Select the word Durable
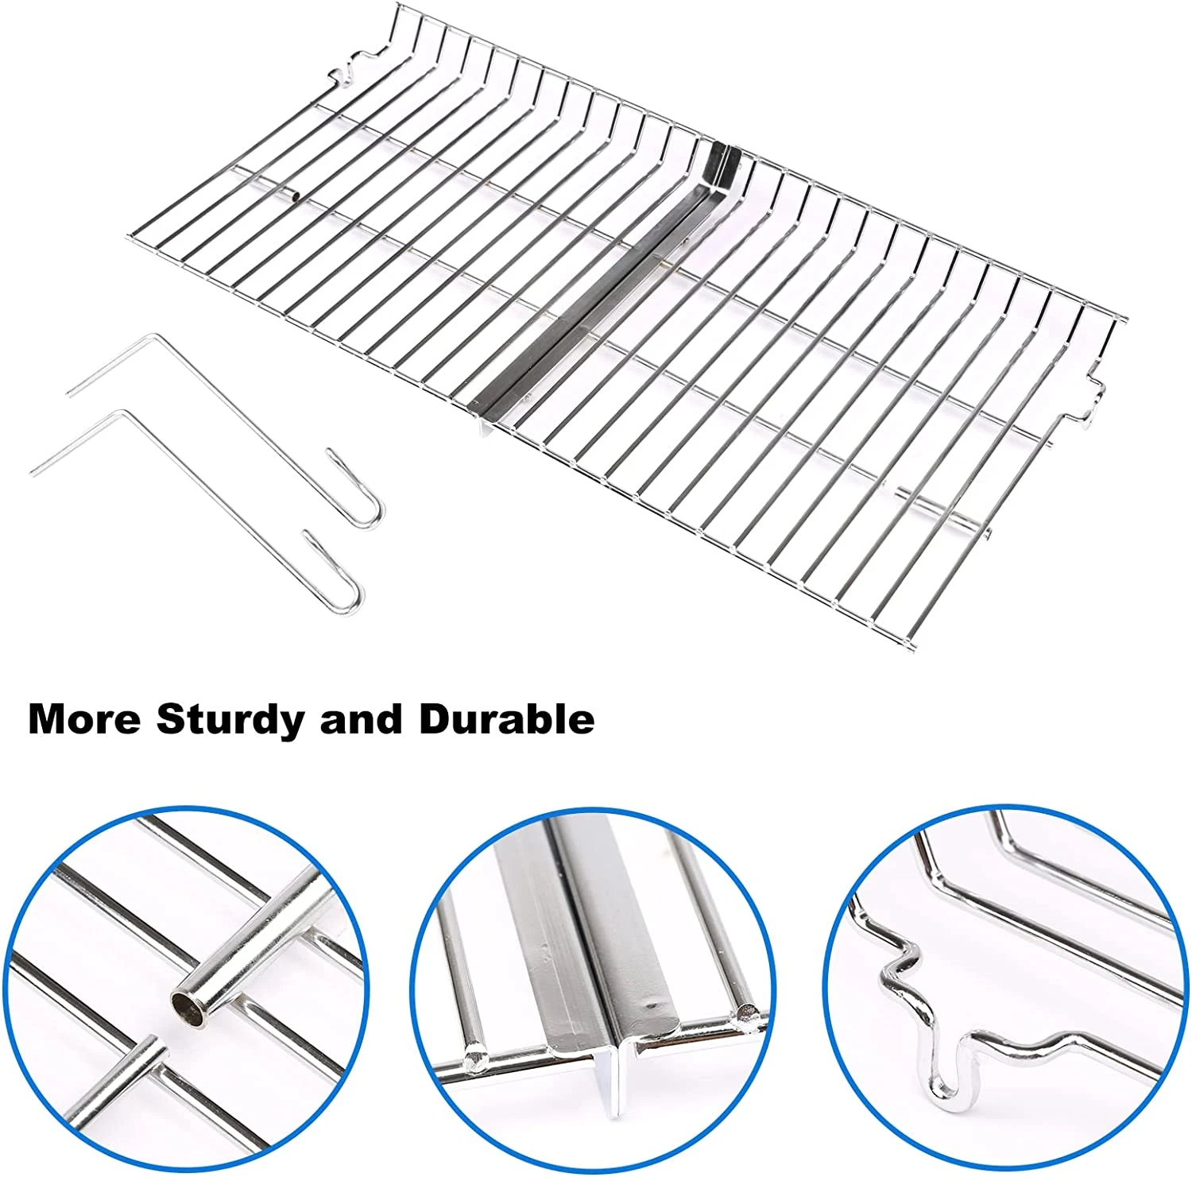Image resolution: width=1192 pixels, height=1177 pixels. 507,718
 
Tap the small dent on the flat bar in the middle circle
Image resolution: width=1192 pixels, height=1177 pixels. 651,1004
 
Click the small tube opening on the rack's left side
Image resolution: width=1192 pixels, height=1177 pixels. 293,192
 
